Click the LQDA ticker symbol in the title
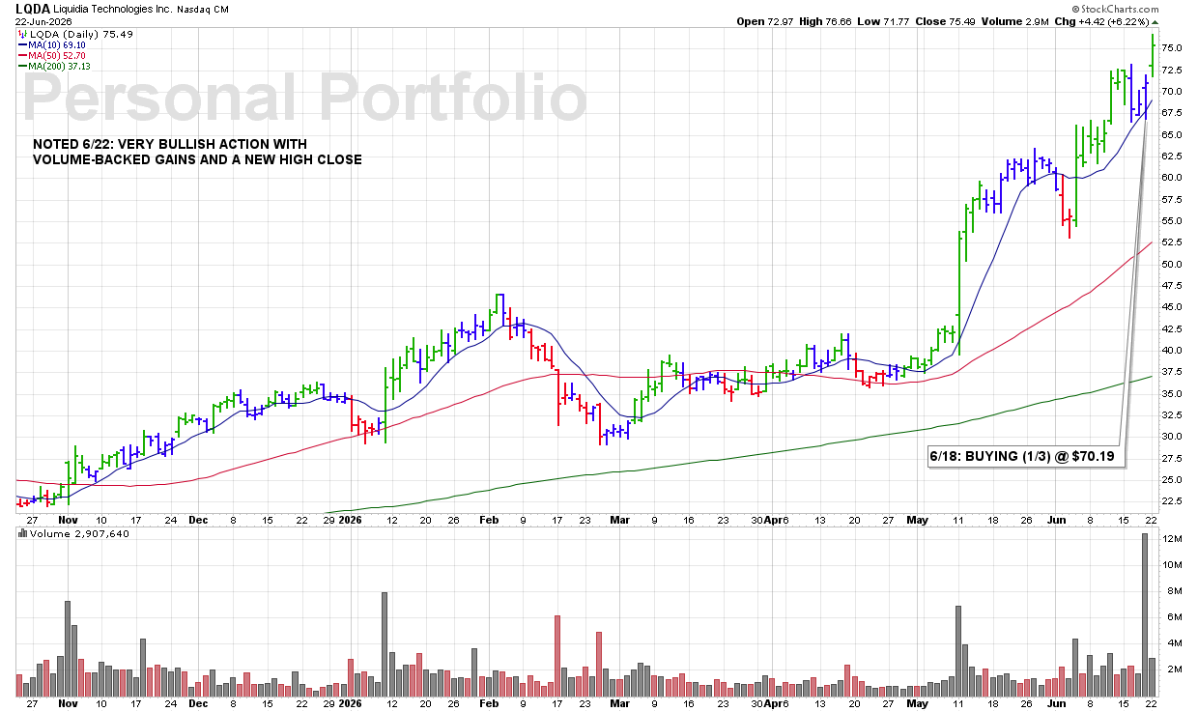[33, 9]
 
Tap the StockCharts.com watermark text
[1115, 9]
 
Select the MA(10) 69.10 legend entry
[52, 45]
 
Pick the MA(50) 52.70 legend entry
[52, 56]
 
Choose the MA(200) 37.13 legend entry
[54, 67]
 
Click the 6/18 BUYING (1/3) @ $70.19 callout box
[1026, 456]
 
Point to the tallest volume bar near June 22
[1145, 614]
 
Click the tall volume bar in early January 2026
[384, 644]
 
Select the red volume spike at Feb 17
[557, 656]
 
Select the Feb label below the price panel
[489, 520]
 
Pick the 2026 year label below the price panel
[351, 520]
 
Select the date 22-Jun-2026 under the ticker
[43, 22]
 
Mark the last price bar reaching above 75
[1153, 56]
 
